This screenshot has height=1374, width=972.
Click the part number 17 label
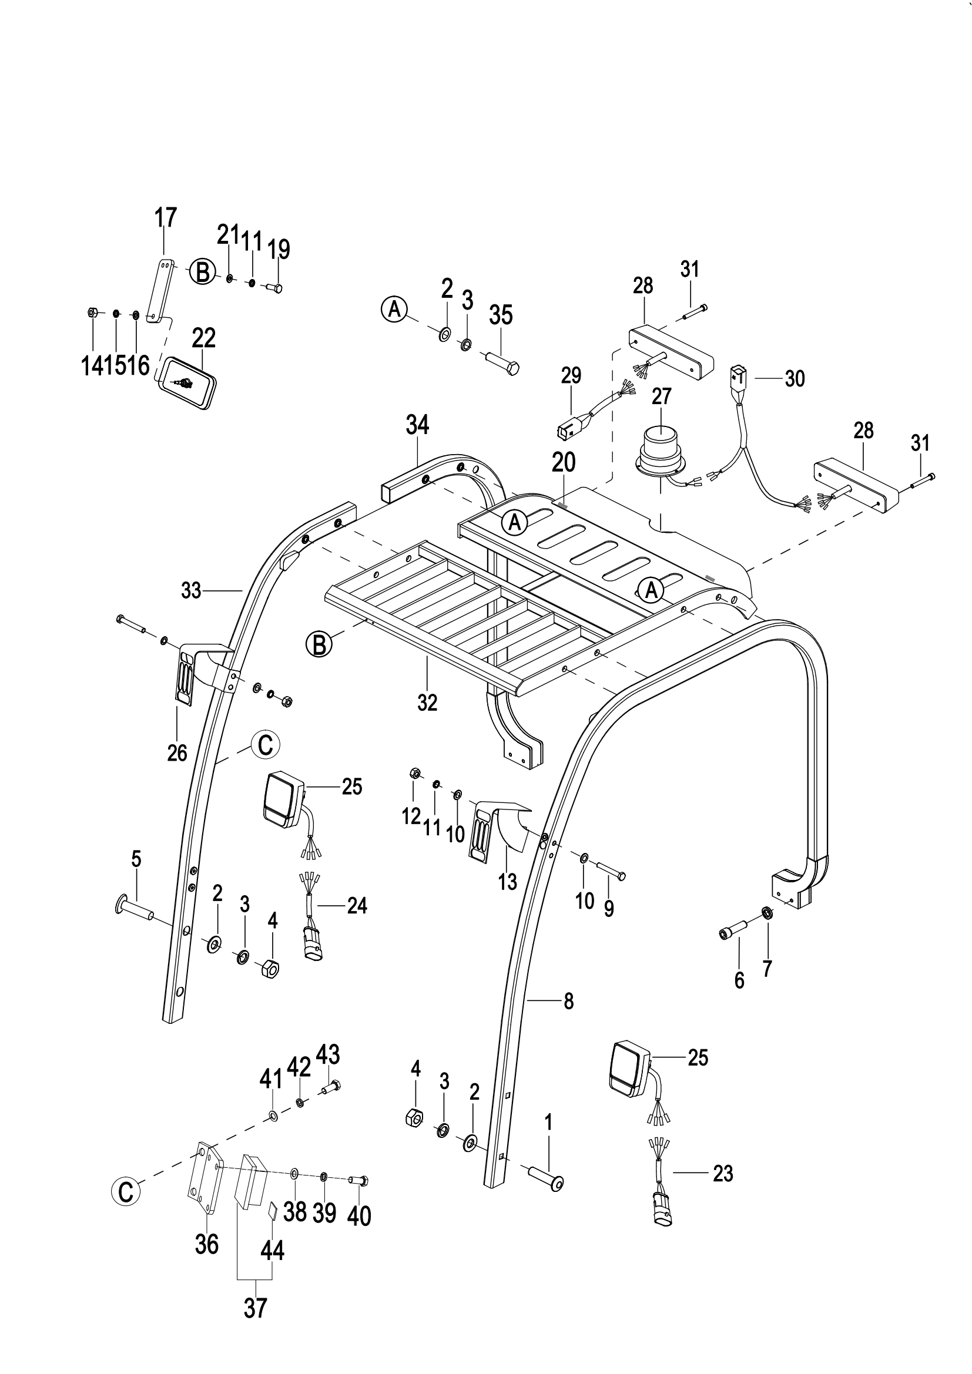pyautogui.click(x=166, y=218)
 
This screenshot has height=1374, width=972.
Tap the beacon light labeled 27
pyautogui.click(x=661, y=451)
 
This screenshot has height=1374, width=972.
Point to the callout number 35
pyautogui.click(x=501, y=315)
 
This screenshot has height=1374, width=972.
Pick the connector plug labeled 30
pyautogui.click(x=736, y=379)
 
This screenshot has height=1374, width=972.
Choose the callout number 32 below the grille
pyautogui.click(x=427, y=703)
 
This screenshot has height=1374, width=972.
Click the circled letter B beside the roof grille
pyautogui.click(x=319, y=644)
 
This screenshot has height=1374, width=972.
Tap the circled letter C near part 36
pyautogui.click(x=126, y=1191)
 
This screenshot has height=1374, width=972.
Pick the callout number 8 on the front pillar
pyautogui.click(x=569, y=1001)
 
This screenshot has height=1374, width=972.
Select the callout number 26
pyautogui.click(x=177, y=753)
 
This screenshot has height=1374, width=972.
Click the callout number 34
pyautogui.click(x=417, y=425)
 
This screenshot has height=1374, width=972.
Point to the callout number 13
pyautogui.click(x=508, y=882)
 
